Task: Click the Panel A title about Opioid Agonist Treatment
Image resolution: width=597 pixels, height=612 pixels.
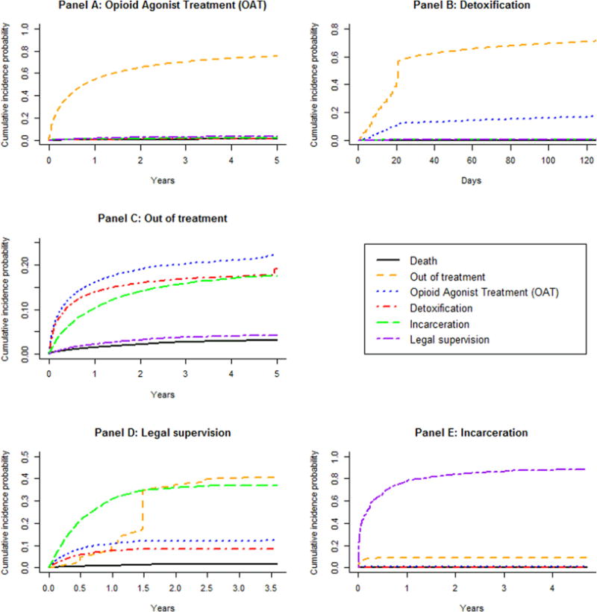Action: click(163, 6)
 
